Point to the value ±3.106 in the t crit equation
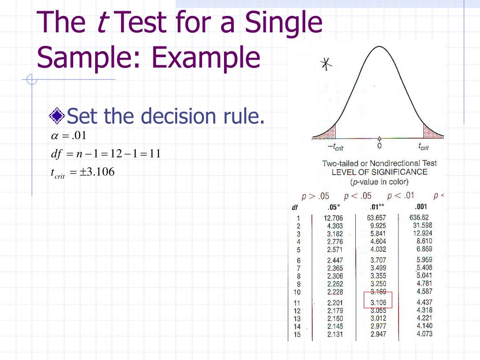(97, 172)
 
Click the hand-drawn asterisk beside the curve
(324, 65)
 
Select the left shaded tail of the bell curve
(327, 131)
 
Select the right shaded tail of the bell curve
(432, 131)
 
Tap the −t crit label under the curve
(335, 147)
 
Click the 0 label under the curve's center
(379, 146)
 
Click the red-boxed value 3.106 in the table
(378, 302)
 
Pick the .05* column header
(334, 207)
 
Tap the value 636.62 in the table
(419, 217)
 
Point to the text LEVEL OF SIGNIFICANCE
(379, 172)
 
